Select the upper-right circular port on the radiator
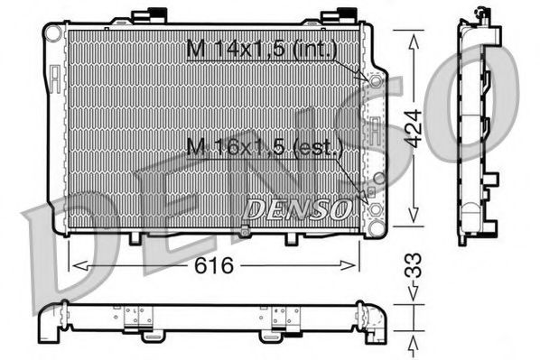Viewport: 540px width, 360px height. point(374,80)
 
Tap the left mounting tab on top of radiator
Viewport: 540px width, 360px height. point(145,15)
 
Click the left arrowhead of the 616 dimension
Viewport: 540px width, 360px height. point(78,265)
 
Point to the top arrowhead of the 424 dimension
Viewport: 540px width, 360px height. point(413,38)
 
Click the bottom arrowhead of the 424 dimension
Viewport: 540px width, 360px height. point(413,217)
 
